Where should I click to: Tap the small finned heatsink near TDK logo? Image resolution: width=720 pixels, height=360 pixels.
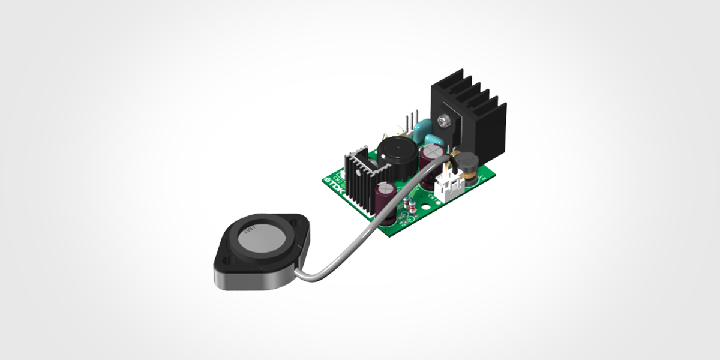362,178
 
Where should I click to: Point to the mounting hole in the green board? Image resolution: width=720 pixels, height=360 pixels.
427,211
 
